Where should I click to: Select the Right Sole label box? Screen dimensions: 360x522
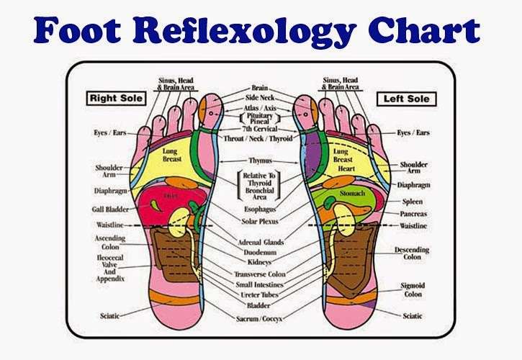pyautogui.click(x=114, y=97)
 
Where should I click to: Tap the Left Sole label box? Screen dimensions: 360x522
pyautogui.click(x=406, y=97)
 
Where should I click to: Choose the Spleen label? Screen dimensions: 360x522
pyautogui.click(x=412, y=201)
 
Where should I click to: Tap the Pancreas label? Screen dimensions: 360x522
pyautogui.click(x=415, y=214)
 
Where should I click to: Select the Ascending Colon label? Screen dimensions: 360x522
pyautogui.click(x=110, y=242)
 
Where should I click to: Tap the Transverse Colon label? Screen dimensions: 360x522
pyautogui.click(x=260, y=274)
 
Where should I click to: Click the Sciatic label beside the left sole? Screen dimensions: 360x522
pyautogui.click(x=413, y=315)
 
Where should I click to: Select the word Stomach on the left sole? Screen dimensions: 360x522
pyautogui.click(x=352, y=194)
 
